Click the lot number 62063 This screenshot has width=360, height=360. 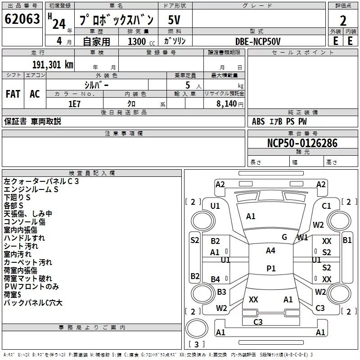tap(22, 20)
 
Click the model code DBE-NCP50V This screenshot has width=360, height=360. tap(258, 41)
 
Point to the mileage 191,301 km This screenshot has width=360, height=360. tap(52, 64)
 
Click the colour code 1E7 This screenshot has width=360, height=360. tap(74, 103)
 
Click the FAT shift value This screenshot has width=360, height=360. tap(13, 94)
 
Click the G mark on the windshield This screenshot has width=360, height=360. tap(284, 237)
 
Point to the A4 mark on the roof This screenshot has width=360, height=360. tap(270, 251)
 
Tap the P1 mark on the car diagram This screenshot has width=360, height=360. tap(271, 268)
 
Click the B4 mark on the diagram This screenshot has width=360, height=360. tap(216, 279)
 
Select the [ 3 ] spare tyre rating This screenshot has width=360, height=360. tap(197, 344)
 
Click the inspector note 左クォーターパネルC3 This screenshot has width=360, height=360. tap(41, 181)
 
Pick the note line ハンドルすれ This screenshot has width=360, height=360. tap(24, 238)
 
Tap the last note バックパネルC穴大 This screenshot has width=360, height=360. tap(33, 303)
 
